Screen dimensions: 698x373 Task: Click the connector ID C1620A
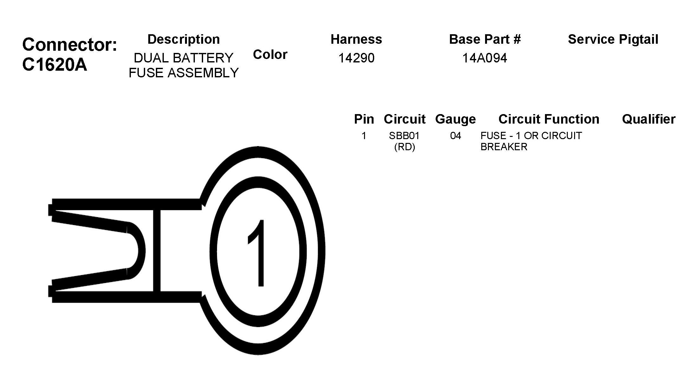click(54, 65)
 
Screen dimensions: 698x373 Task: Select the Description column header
click(183, 39)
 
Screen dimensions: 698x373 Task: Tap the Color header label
click(270, 55)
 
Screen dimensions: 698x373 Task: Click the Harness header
click(356, 39)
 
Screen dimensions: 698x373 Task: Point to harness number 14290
click(356, 58)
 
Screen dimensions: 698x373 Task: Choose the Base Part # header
click(485, 39)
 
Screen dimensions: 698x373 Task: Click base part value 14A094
click(484, 58)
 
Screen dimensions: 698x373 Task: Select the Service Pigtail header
click(613, 39)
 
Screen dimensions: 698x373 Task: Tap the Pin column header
click(364, 119)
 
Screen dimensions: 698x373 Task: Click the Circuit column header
click(404, 119)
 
